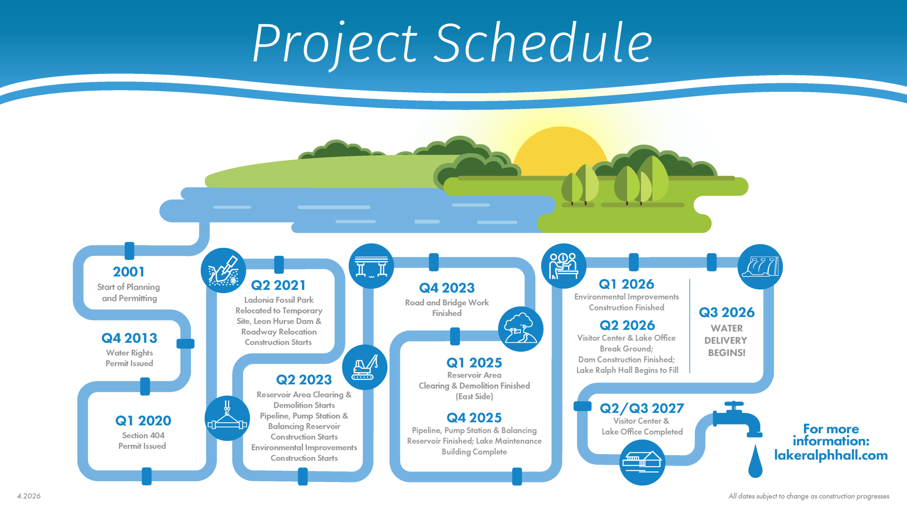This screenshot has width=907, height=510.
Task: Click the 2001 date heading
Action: (x=129, y=272)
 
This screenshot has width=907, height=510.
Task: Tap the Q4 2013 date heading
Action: (x=129, y=338)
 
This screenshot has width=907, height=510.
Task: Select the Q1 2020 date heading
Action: (x=143, y=421)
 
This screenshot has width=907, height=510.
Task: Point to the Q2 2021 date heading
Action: (x=278, y=285)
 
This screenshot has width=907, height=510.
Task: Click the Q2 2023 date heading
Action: (x=304, y=380)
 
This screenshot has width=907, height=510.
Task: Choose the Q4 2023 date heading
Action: (x=447, y=288)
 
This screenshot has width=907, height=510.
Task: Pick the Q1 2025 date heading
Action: (x=474, y=363)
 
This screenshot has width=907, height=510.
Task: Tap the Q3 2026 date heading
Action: (x=727, y=312)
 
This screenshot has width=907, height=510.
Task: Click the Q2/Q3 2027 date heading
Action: (x=642, y=408)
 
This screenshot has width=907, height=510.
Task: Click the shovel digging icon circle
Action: (x=223, y=271)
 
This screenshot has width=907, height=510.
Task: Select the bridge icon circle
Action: (x=371, y=266)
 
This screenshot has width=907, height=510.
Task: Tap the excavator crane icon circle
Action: (x=365, y=367)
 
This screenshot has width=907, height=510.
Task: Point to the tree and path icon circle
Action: (x=520, y=329)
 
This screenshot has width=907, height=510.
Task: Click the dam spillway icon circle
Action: (x=760, y=267)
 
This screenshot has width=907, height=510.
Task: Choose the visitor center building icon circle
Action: (x=642, y=462)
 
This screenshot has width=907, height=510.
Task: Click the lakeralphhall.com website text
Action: (x=831, y=455)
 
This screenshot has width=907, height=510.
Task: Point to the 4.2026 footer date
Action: (x=29, y=496)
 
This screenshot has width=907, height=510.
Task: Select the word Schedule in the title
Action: (x=544, y=43)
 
